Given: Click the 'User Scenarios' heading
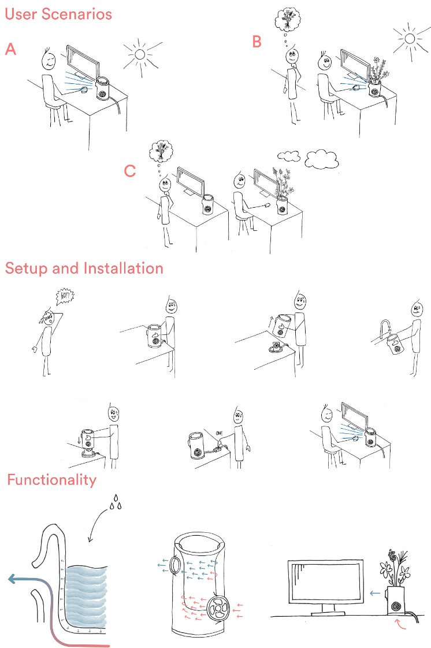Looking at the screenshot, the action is click(58, 14).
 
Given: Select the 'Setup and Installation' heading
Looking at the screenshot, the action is click(84, 268).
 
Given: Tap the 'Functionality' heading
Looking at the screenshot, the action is click(52, 480).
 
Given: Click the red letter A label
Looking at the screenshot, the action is click(11, 49).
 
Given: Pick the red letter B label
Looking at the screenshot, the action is click(257, 41).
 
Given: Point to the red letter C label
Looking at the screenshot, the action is click(130, 171).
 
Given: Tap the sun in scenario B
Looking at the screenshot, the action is click(410, 39).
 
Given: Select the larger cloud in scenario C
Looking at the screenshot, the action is click(322, 159).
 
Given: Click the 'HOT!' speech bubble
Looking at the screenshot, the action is click(65, 296).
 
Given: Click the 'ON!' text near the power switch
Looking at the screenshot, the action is click(219, 433).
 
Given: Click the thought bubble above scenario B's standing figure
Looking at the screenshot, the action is click(288, 18).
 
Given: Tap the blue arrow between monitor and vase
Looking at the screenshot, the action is click(375, 594).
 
